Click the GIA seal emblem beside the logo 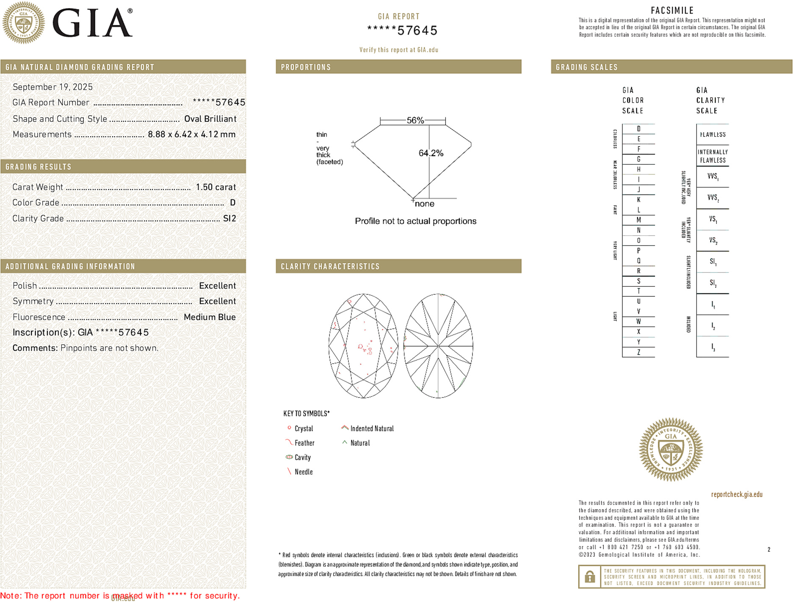point(24,23)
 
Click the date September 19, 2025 point(52,87)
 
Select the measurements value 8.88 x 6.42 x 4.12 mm point(191,134)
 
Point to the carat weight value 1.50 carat point(216,187)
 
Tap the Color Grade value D point(232,203)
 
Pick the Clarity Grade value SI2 point(229,218)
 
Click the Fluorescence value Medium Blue point(210,317)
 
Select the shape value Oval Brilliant point(210,119)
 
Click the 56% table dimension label point(415,120)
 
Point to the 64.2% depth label point(431,153)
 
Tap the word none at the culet point(424,204)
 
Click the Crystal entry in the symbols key point(304,428)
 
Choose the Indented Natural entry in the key point(372,428)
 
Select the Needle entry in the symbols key point(303,472)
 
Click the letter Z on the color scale point(638,352)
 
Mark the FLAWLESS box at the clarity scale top point(713,135)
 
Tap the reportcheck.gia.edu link point(736,494)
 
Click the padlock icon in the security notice point(589,577)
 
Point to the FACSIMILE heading point(672,11)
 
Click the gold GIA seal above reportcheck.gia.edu point(671,450)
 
